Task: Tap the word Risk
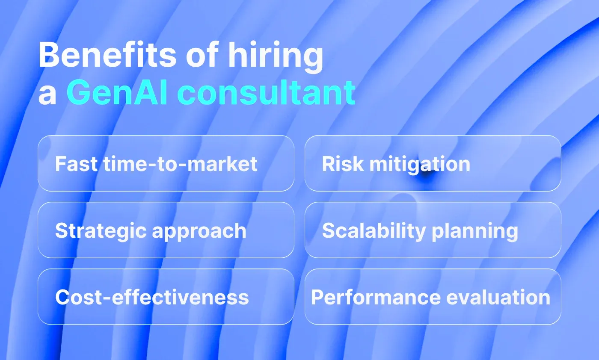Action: pos(338,164)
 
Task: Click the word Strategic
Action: pos(100,230)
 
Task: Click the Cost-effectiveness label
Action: pos(152,297)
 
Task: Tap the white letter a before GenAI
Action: pos(47,95)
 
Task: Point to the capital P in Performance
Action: pos(317,297)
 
